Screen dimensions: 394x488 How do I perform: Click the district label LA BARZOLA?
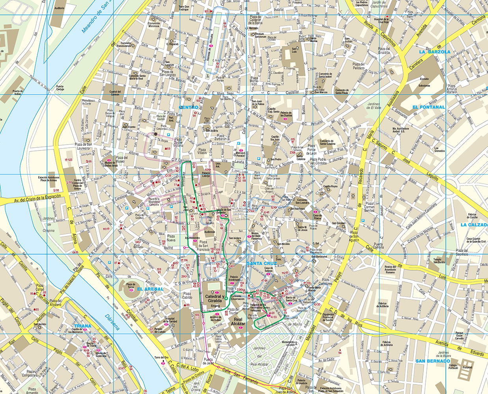coord(434,52)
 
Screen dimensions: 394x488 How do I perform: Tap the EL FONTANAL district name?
coord(428,107)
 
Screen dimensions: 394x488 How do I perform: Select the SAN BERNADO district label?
coord(432,361)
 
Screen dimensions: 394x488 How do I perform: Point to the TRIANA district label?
coord(82,326)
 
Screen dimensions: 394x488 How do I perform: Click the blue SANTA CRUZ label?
coord(262,263)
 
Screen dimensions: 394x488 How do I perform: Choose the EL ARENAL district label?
coord(150,289)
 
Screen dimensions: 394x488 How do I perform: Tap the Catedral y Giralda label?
coord(214,298)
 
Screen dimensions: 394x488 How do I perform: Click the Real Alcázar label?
coord(238,322)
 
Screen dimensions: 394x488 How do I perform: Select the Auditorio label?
coord(60,8)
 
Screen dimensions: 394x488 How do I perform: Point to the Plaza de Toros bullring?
coord(131,287)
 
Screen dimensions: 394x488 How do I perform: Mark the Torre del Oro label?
coord(161,357)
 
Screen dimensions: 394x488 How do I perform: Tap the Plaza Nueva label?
coord(171,238)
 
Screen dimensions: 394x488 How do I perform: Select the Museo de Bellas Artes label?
coord(110,164)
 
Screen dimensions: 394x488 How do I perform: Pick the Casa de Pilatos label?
coord(317,217)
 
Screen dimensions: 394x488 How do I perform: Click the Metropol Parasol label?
coord(240,154)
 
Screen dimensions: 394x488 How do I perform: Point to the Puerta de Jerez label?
coord(208,361)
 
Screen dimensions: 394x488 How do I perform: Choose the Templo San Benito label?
coord(439,261)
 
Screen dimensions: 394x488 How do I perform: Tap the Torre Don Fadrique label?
coord(184,8)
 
